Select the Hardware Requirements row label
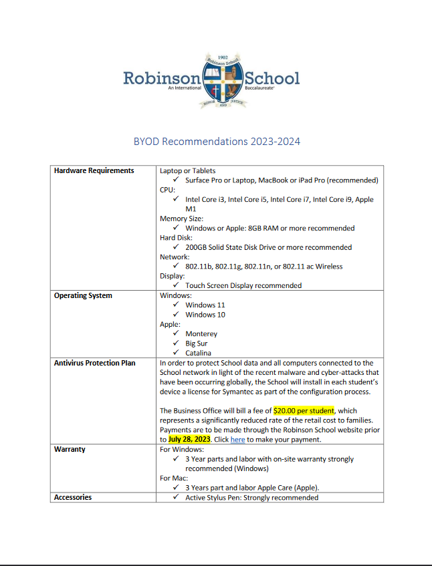(94, 171)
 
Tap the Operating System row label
(83, 295)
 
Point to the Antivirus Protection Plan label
(94, 363)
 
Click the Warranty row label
(70, 450)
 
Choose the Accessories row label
(73, 497)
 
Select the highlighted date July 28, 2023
(189, 440)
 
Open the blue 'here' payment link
(237, 440)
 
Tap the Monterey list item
(201, 333)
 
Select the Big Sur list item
(197, 343)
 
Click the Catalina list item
(199, 353)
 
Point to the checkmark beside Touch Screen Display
(175, 285)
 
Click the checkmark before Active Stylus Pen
(175, 497)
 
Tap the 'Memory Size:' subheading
(181, 219)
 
